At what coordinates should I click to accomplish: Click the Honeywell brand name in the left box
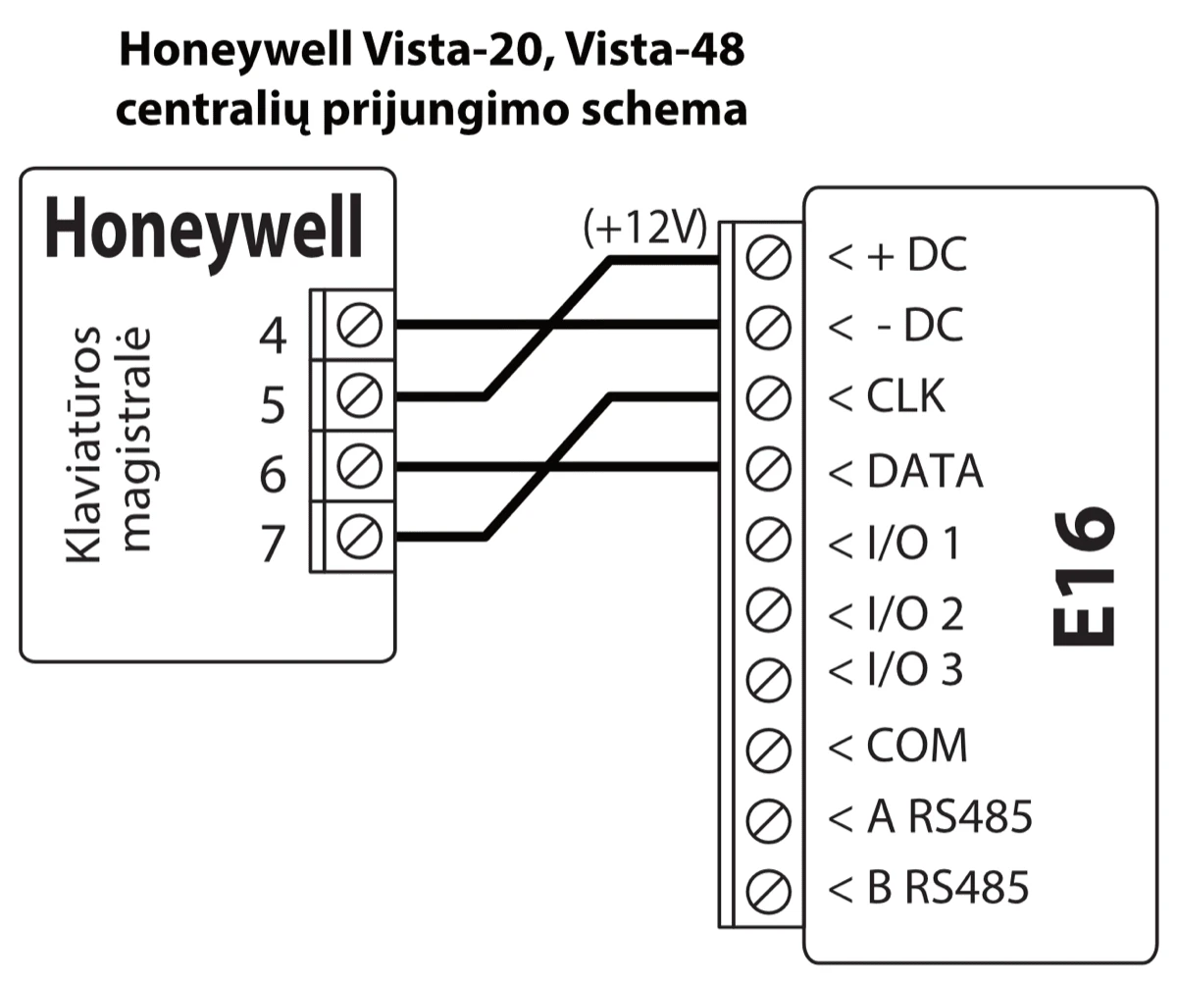coord(204,228)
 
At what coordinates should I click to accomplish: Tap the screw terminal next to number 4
coord(352,325)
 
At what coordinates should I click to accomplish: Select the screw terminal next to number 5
coord(352,396)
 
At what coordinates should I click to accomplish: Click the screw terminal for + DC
coord(768,257)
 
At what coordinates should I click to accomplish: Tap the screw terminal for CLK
coord(768,398)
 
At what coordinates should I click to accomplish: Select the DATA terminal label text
coord(924,472)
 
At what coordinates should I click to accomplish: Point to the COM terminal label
coord(916,747)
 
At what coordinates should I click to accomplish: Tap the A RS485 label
coord(949,817)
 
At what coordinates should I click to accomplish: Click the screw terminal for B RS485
coord(768,890)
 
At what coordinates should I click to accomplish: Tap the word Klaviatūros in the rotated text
coord(86,443)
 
